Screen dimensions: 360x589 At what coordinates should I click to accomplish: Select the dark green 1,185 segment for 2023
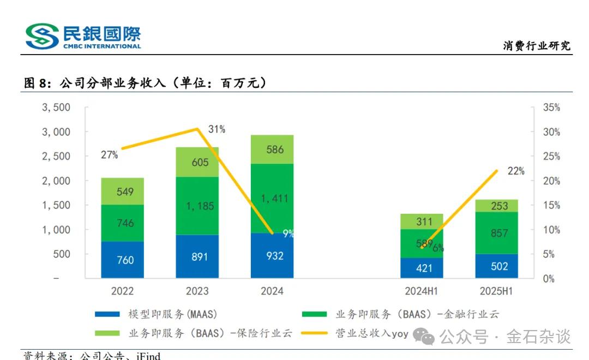pyautogui.click(x=197, y=206)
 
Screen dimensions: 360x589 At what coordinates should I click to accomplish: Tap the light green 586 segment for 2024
pyautogui.click(x=272, y=149)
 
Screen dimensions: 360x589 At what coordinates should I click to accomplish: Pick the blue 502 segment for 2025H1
pyautogui.click(x=496, y=266)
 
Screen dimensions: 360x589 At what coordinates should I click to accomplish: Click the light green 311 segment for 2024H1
pyautogui.click(x=422, y=221)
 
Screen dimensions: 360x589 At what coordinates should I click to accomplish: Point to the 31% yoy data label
pyautogui.click(x=217, y=129)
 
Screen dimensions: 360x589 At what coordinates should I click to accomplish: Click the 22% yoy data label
pyautogui.click(x=515, y=171)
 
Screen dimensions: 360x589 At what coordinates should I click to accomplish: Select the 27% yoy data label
pyautogui.click(x=109, y=155)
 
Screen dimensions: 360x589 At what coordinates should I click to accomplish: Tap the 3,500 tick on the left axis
pyautogui.click(x=56, y=107)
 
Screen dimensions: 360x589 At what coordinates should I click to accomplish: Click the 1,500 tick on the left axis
pyautogui.click(x=56, y=205)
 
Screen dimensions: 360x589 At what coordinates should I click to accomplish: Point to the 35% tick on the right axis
pyautogui.click(x=551, y=107)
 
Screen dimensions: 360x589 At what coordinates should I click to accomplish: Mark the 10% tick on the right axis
pyautogui.click(x=551, y=230)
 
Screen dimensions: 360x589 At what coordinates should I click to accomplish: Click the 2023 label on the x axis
pyautogui.click(x=197, y=291)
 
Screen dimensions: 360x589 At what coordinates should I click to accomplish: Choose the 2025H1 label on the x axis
pyautogui.click(x=496, y=291)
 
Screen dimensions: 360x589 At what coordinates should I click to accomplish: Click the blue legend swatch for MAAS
pyautogui.click(x=107, y=315)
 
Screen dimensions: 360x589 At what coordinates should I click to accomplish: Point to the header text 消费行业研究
pyautogui.click(x=537, y=46)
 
